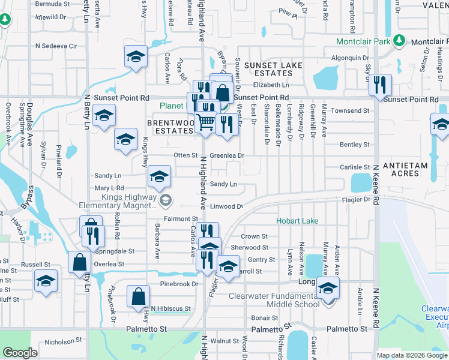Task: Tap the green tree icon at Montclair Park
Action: click(398, 41)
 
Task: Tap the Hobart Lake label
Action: click(297, 221)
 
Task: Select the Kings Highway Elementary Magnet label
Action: click(118, 201)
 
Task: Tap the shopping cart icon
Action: click(205, 122)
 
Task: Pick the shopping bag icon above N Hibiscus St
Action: click(138, 296)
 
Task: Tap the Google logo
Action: click(20, 353)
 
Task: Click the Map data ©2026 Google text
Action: click(412, 355)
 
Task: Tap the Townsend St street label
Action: click(349, 111)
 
